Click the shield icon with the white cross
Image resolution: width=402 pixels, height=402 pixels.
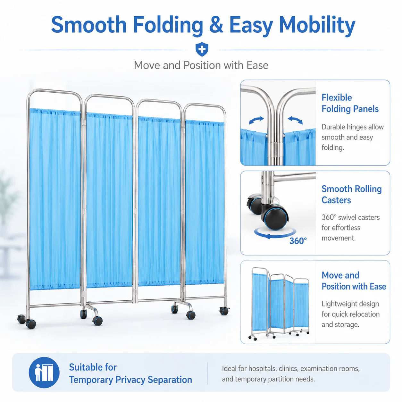(x=202, y=49)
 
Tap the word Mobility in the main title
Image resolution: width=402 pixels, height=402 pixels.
(x=317, y=26)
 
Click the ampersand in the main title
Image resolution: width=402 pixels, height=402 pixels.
(x=216, y=25)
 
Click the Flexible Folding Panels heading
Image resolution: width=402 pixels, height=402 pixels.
(x=350, y=103)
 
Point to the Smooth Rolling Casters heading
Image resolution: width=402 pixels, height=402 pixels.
(x=352, y=195)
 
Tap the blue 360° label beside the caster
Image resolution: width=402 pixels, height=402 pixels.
(x=298, y=241)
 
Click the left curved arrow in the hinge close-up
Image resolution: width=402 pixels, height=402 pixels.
(x=256, y=120)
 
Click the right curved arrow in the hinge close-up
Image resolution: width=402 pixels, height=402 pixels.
(x=295, y=120)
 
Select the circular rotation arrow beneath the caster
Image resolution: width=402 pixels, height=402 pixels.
(x=275, y=234)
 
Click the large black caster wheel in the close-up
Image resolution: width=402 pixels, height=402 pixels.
(x=276, y=219)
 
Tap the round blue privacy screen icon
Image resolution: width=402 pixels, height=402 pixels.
(x=44, y=373)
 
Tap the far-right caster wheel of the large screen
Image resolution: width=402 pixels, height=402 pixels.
(x=224, y=311)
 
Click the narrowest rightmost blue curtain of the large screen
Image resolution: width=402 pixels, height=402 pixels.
(x=205, y=202)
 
